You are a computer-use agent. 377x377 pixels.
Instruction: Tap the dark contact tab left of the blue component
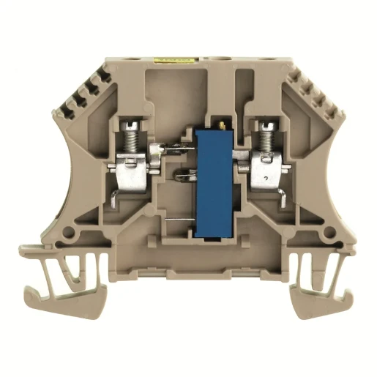tap(183, 176)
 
